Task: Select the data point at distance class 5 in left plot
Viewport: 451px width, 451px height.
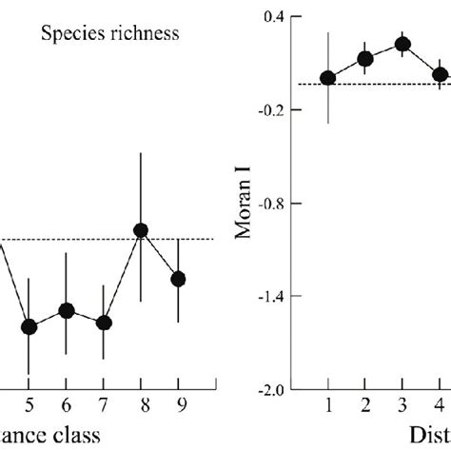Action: pyautogui.click(x=29, y=326)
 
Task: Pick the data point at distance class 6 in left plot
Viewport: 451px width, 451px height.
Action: pyautogui.click(x=66, y=310)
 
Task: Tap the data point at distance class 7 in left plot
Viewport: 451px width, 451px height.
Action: pyautogui.click(x=104, y=323)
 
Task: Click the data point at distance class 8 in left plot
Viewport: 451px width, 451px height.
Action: pyautogui.click(x=141, y=230)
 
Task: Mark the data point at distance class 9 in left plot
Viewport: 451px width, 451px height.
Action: pyautogui.click(x=178, y=278)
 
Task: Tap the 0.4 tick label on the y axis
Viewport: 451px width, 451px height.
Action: pyautogui.click(x=276, y=17)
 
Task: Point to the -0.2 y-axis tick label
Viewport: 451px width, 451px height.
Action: pyautogui.click(x=274, y=110)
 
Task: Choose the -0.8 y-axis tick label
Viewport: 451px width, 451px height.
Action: pyautogui.click(x=274, y=204)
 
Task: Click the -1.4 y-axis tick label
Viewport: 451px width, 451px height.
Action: pyautogui.click(x=274, y=297)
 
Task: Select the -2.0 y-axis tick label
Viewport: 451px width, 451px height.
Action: pyautogui.click(x=274, y=390)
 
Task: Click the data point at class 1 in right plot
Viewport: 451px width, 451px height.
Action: pyautogui.click(x=328, y=78)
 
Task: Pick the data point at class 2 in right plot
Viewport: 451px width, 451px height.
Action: pyautogui.click(x=365, y=59)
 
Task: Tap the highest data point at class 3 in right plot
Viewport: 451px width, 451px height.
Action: pyautogui.click(x=402, y=44)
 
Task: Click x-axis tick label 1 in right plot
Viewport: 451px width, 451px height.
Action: pyautogui.click(x=328, y=407)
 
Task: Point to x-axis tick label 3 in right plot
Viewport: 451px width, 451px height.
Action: pyautogui.click(x=402, y=407)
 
